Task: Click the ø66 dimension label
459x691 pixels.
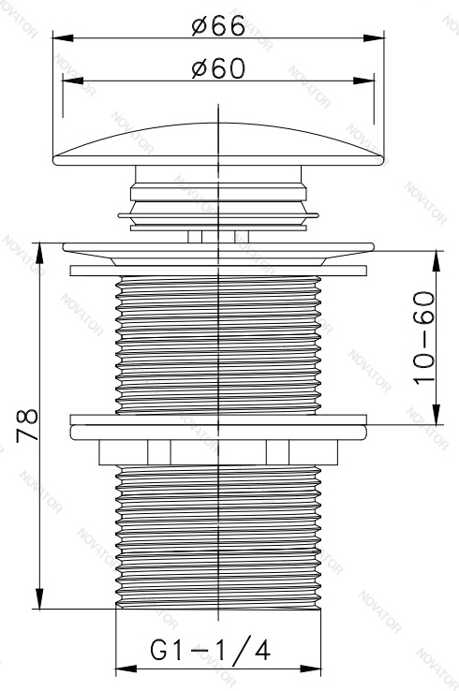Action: click(x=218, y=26)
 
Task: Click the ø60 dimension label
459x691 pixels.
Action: click(x=218, y=68)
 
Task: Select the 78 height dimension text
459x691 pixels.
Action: click(x=27, y=426)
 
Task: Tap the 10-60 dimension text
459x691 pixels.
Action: click(x=423, y=338)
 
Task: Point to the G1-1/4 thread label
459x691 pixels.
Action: click(x=210, y=651)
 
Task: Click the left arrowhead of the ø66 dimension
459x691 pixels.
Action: click(x=63, y=37)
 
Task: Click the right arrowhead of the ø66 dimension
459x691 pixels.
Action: click(x=374, y=37)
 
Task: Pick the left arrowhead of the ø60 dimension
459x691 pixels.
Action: click(x=73, y=81)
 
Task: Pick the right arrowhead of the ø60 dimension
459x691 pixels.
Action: click(x=363, y=81)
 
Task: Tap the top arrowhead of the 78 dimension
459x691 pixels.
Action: click(x=39, y=253)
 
